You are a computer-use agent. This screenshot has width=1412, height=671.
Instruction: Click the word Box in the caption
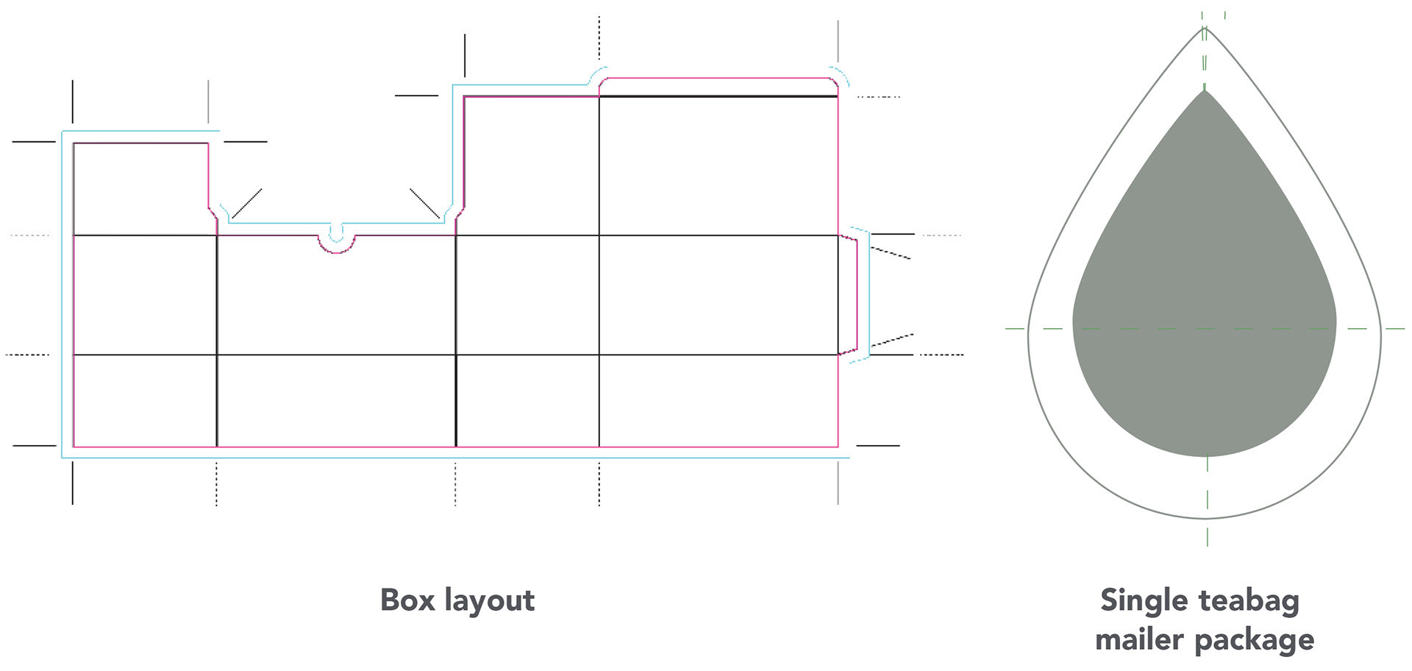(407, 600)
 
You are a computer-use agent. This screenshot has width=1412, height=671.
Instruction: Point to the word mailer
(1138, 639)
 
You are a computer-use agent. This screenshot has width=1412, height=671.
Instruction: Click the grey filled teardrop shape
(1205, 309)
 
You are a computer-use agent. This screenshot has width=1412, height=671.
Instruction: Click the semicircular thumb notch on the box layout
(336, 243)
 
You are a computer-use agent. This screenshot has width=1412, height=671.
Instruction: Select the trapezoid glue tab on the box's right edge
(848, 295)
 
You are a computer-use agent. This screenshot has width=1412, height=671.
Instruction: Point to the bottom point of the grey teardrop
(1205, 456)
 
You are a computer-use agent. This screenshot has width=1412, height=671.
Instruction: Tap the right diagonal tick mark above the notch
(424, 203)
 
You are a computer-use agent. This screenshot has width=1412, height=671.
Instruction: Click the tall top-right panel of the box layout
(718, 166)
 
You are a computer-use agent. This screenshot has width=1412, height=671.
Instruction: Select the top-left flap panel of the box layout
(140, 189)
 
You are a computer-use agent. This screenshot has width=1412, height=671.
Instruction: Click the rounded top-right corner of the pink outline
(834, 82)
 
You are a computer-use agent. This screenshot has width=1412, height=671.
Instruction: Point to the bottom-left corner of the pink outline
(74, 446)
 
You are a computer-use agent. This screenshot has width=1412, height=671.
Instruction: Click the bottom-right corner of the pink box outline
(838, 446)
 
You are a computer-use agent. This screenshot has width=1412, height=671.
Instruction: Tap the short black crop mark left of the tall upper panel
(416, 96)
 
